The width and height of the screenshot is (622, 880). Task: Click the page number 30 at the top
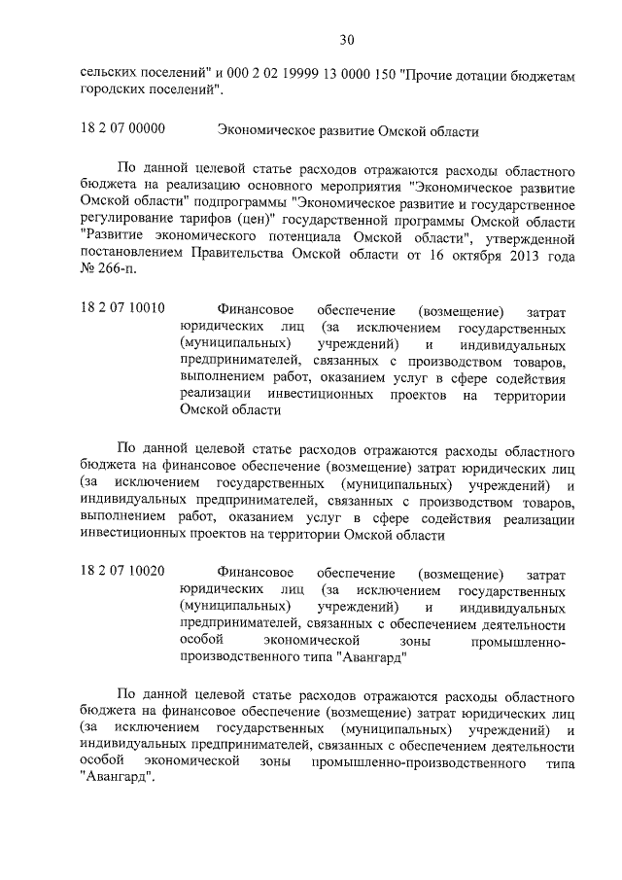pos(347,40)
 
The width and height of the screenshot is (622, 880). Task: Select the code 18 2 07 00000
pos(122,128)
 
